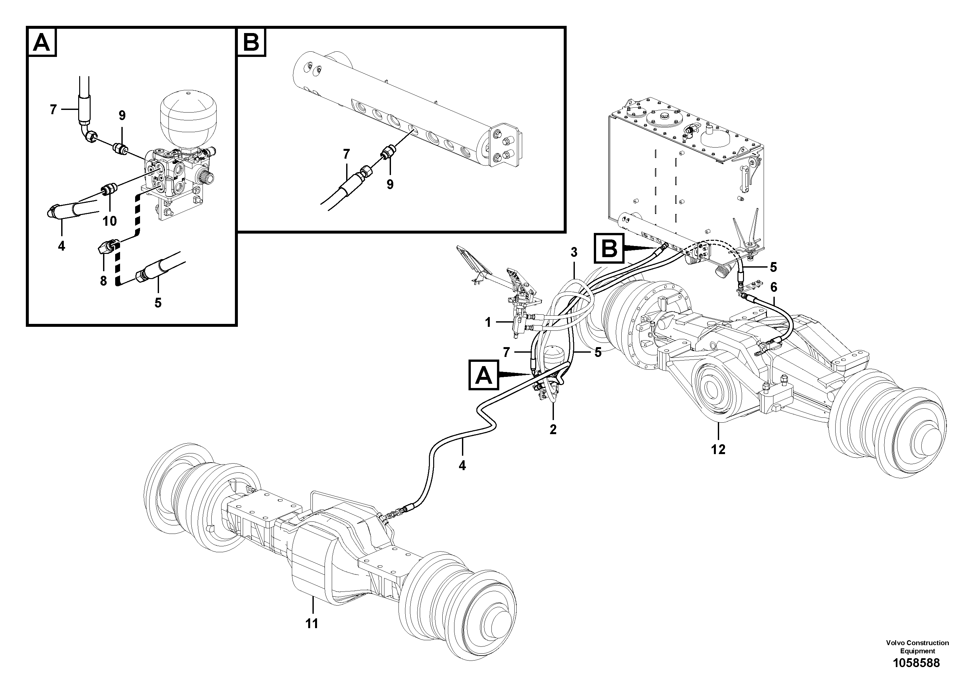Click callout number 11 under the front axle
click(x=312, y=624)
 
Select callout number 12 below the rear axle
click(x=718, y=449)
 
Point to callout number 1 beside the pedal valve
click(x=488, y=323)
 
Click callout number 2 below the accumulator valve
click(x=553, y=429)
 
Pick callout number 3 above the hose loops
click(x=574, y=252)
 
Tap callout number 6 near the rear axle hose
click(x=774, y=287)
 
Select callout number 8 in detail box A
click(x=103, y=281)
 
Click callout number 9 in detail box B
click(x=390, y=184)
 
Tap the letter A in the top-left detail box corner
click(x=42, y=43)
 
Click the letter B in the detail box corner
click(x=251, y=43)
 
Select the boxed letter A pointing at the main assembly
click(x=484, y=375)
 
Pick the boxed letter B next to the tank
click(x=610, y=248)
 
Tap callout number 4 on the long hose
click(x=462, y=465)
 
